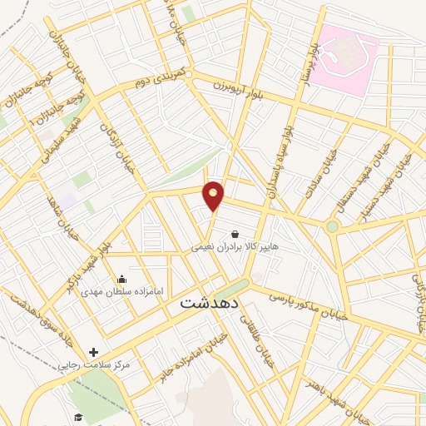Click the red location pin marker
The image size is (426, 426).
click(x=214, y=196)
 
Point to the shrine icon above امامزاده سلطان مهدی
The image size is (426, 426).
click(x=123, y=280)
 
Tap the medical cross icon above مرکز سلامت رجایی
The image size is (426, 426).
click(x=94, y=353)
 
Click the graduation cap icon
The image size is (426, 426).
click(x=78, y=418)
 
